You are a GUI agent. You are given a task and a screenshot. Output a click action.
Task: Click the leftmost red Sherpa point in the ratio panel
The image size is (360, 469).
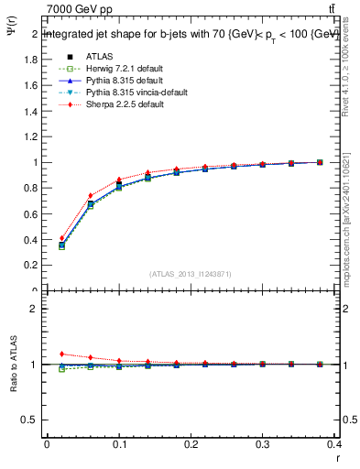point(61,354)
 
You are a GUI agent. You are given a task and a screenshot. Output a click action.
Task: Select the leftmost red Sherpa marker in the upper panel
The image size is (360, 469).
point(61,238)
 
